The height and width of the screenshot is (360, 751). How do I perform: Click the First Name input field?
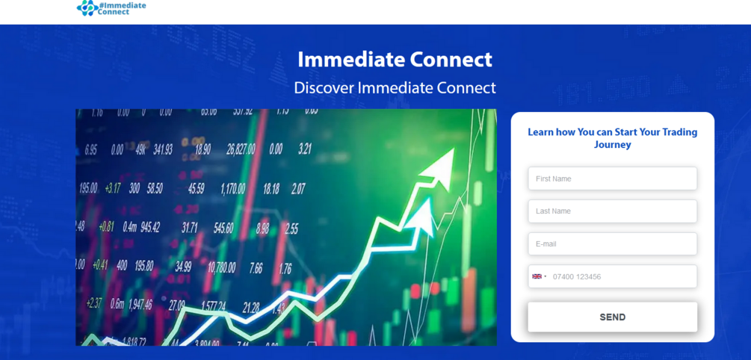coord(612,179)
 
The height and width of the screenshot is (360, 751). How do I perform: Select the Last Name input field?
coord(612,211)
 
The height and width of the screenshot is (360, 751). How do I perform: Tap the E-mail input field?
coord(612,244)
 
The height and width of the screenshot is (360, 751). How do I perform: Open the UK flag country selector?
coord(539,276)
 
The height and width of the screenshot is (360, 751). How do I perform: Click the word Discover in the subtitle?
coord(324,87)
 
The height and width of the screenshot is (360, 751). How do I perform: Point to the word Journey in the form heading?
coord(612,145)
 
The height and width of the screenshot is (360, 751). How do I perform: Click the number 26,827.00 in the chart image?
coord(241,149)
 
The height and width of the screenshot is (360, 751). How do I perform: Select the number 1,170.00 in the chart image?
coord(232,189)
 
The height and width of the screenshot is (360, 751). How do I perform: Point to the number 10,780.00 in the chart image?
coord(221,267)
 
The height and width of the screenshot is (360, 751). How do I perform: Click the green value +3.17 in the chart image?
coord(112,188)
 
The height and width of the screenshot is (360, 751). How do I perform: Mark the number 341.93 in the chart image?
coord(163,149)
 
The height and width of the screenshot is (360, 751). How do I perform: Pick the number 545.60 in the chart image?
coord(223,228)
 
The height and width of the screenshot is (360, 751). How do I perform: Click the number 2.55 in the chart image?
coord(291,229)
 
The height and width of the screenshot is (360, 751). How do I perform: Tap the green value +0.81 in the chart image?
coord(106,226)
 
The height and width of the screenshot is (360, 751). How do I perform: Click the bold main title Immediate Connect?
coord(395,59)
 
